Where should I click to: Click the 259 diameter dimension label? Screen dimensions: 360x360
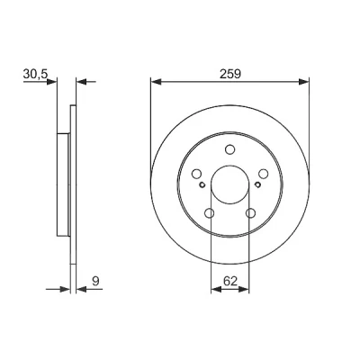pyautogui.click(x=230, y=74)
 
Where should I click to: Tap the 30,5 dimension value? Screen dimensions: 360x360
pyautogui.click(x=35, y=74)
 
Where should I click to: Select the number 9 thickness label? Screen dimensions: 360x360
pyautogui.click(x=95, y=281)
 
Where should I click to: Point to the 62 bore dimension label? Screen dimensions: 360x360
pyautogui.click(x=230, y=281)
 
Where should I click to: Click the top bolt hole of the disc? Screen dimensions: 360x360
pyautogui.click(x=229, y=149)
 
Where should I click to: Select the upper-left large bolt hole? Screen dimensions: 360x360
pyautogui.click(x=196, y=174)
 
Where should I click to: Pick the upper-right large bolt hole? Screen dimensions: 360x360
pyautogui.click(x=263, y=174)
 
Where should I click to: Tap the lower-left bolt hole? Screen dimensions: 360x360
pyautogui.click(x=210, y=213)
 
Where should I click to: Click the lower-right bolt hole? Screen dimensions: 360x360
pyautogui.click(x=250, y=213)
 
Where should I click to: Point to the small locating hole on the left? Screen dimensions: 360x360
pyautogui.click(x=202, y=184)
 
